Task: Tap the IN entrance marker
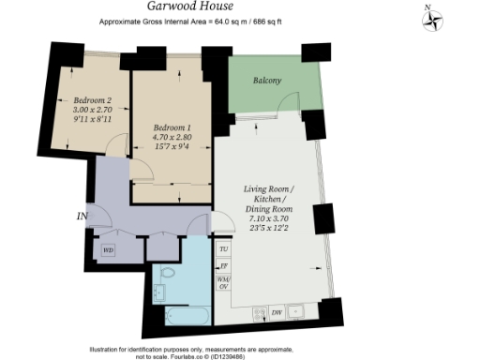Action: point(82,217)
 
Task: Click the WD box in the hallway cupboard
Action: point(108,250)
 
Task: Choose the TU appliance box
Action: point(224,250)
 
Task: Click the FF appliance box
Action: point(224,266)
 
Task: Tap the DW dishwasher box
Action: point(277,311)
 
